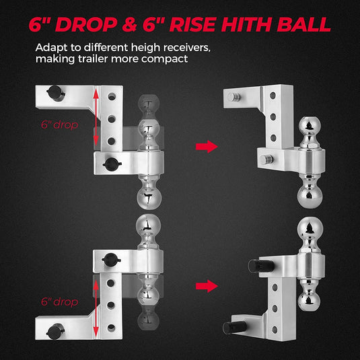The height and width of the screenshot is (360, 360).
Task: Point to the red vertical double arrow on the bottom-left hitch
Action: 98,307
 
